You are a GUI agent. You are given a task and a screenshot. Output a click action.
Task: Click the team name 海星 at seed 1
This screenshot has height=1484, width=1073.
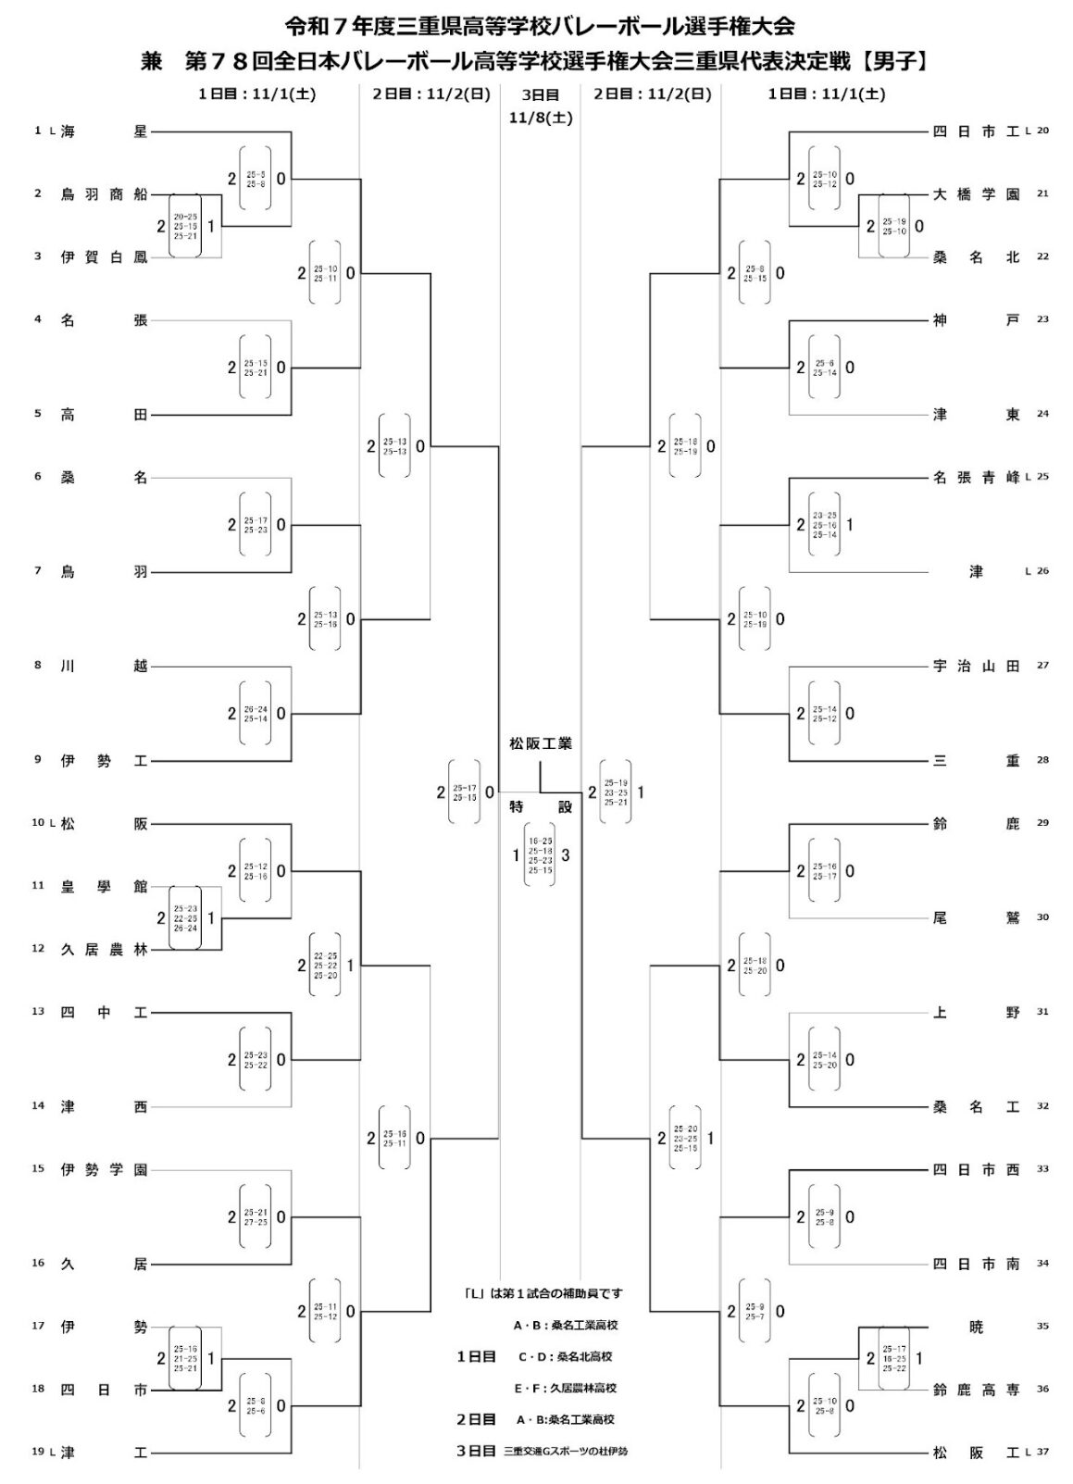coord(103,132)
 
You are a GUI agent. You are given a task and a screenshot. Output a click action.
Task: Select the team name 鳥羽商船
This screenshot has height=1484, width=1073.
coord(103,194)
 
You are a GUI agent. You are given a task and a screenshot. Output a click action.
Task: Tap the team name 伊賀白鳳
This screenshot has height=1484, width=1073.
coord(103,257)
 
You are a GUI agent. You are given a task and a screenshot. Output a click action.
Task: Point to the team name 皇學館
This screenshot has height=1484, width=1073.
coord(103,886)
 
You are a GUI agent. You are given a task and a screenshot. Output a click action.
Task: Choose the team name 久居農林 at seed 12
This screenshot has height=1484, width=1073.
coord(103,949)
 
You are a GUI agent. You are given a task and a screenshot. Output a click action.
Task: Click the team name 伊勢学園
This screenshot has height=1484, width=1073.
coord(103,1169)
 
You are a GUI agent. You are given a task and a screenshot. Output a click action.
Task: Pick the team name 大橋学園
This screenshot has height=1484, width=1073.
coord(976,194)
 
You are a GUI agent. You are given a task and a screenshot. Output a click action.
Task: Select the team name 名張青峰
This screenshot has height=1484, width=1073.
coord(976,478)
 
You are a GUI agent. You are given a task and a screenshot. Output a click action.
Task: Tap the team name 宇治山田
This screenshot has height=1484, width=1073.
coord(976,666)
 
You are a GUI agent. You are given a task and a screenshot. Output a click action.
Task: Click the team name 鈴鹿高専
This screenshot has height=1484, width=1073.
coord(976,1389)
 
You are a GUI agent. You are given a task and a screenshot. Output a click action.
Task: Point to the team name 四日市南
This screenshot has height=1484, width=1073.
coord(976,1264)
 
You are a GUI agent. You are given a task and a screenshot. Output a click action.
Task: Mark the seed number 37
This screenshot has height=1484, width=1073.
coord(1043,1453)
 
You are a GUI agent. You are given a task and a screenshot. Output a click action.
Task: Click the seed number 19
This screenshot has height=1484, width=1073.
coord(38,1453)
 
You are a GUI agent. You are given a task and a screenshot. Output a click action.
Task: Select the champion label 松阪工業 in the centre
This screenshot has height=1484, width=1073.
coord(540,743)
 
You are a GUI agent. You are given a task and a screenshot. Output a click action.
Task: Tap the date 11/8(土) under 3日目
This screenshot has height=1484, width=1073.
coord(540,118)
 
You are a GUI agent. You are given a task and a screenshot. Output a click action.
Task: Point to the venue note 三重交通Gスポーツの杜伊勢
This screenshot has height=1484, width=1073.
coord(565,1452)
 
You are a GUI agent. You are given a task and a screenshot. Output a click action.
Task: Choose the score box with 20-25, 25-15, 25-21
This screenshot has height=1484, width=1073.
coord(185,226)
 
